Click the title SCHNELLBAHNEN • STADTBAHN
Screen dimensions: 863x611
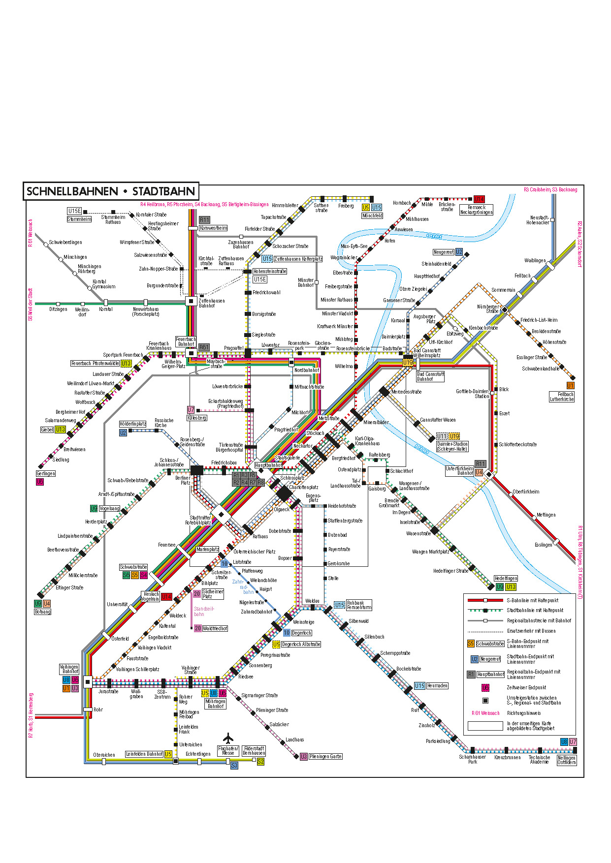pos(111,191)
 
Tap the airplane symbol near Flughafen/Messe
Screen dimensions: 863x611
pos(227,738)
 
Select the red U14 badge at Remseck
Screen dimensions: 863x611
pos(479,199)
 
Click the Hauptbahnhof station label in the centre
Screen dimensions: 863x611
pos(269,465)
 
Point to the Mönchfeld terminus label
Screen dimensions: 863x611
pos(372,216)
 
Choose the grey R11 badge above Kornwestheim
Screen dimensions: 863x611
pos(204,220)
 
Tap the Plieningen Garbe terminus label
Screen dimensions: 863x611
pos(325,756)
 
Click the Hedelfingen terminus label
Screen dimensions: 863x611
pos(506,578)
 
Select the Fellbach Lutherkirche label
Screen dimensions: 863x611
pos(562,397)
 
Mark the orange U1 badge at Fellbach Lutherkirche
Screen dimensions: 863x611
pos(570,386)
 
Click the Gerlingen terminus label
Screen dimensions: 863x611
pos(46,473)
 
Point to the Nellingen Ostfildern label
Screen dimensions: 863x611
pos(567,760)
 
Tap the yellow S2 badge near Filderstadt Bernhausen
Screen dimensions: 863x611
pos(260,761)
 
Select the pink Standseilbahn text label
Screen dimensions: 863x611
pos(203,611)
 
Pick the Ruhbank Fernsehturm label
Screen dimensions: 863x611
pos(359,605)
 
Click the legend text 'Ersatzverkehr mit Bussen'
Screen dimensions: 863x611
pos(531,631)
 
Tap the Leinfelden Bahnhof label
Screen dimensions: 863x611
pos(144,754)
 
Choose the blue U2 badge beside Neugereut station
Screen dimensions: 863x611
pos(459,252)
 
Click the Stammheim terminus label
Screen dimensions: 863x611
pos(79,219)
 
